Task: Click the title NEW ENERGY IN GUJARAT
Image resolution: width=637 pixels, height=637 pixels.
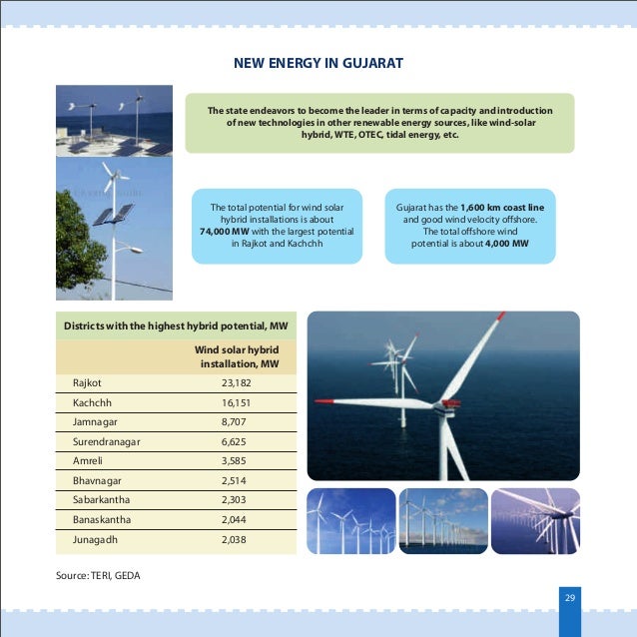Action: pos(318,65)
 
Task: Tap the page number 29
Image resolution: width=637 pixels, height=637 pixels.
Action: pos(570,597)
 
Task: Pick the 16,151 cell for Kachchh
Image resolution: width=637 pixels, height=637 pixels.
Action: pos(236,402)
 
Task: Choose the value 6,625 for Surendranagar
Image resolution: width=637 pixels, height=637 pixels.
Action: pos(236,442)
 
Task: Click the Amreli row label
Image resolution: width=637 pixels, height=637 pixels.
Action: pos(88,462)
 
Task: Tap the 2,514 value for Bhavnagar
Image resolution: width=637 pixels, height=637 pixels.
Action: pos(236,481)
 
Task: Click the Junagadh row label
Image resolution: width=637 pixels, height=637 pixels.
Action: pos(95,540)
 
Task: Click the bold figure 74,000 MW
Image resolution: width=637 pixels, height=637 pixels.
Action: pos(226,230)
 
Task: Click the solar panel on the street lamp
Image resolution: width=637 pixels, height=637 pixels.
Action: pos(112,215)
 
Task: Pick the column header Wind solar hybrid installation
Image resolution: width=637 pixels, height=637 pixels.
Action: pos(237,357)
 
